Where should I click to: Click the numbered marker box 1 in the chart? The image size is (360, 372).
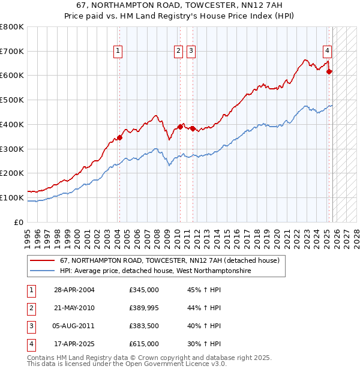118,52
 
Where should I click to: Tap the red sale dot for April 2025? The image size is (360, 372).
329,72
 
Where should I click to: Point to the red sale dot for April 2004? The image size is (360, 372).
119,137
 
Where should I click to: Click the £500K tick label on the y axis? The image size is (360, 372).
12,100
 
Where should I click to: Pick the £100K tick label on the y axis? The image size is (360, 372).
12,197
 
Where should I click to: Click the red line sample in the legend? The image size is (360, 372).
41,261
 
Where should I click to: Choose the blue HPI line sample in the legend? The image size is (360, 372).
41,271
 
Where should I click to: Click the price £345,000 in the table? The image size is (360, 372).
144,290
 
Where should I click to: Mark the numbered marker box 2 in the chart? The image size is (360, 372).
179,52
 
